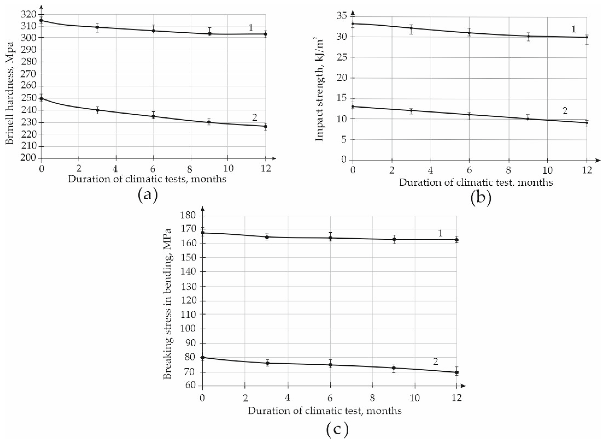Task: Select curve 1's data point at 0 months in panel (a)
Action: tap(41, 20)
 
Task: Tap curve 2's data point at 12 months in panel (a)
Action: tap(266, 126)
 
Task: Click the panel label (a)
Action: tap(148, 195)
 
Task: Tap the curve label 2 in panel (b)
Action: tap(565, 111)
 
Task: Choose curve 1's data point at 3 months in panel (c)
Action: tap(267, 237)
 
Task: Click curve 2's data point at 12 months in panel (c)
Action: tap(456, 372)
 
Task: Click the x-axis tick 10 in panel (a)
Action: tap(228, 169)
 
